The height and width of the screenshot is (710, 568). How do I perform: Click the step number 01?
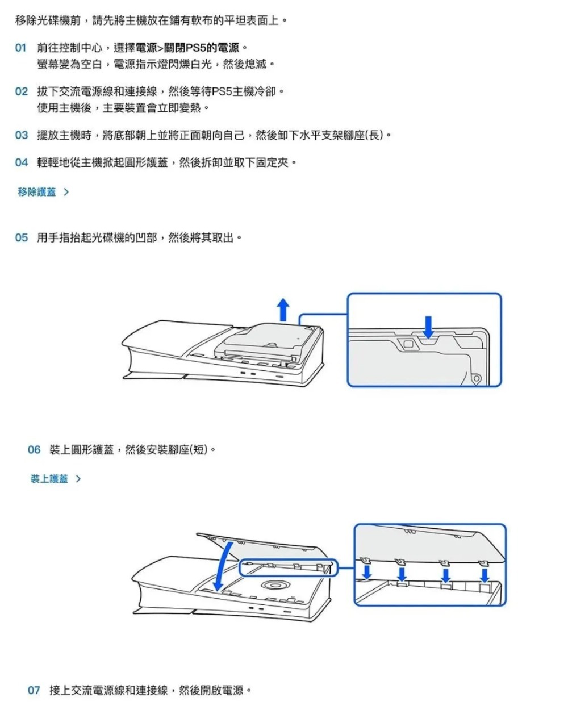(x=21, y=48)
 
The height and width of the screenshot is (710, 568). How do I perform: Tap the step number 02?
(x=21, y=91)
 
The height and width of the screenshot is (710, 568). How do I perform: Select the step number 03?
(x=21, y=135)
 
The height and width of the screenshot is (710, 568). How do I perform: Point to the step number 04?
(x=21, y=163)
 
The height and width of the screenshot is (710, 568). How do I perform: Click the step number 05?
(x=21, y=237)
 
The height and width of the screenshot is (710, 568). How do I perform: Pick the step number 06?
(x=34, y=450)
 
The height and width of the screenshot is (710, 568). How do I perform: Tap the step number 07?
(x=34, y=690)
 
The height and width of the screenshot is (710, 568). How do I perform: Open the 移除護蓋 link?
(x=37, y=192)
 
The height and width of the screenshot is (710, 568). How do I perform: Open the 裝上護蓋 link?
(x=49, y=479)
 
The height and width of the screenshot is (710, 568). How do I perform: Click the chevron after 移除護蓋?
(x=66, y=192)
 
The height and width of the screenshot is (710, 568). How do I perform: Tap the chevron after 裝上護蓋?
(x=78, y=479)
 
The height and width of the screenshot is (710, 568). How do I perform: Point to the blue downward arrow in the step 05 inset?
(x=429, y=325)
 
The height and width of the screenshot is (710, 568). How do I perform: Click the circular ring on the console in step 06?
(x=274, y=586)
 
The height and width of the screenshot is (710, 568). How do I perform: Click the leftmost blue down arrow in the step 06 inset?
(x=367, y=570)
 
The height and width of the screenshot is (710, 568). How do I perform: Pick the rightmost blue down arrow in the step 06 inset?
(x=484, y=574)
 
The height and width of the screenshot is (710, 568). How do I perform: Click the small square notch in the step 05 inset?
(x=407, y=343)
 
